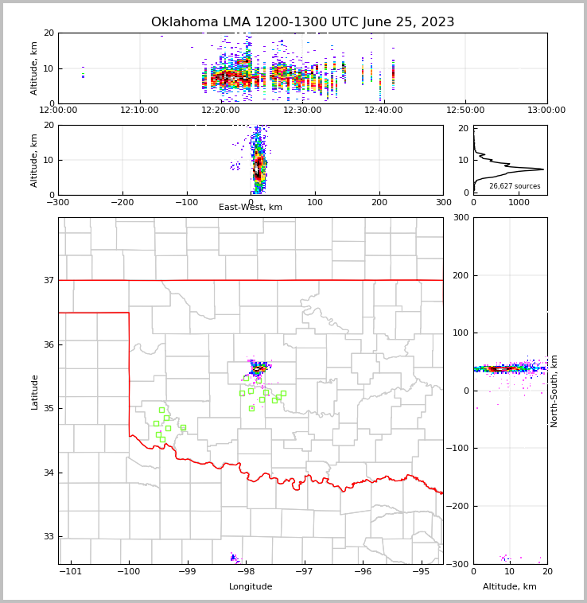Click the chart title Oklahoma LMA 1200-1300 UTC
tap(302, 22)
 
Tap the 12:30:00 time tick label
tap(302, 111)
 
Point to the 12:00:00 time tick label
tap(58, 111)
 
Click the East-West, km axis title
tap(251, 208)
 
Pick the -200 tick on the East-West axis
tap(122, 202)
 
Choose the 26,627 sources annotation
tap(515, 186)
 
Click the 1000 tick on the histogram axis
tap(519, 202)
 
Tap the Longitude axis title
tap(251, 587)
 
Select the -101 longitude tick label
tap(71, 571)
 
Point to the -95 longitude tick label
tap(421, 571)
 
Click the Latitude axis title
tap(34, 391)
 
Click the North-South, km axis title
tap(554, 391)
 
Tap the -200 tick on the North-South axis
tap(457, 506)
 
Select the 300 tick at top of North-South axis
tap(461, 218)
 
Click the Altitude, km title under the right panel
tap(510, 587)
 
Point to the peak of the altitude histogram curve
tap(543, 169)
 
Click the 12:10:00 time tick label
tap(142, 111)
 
